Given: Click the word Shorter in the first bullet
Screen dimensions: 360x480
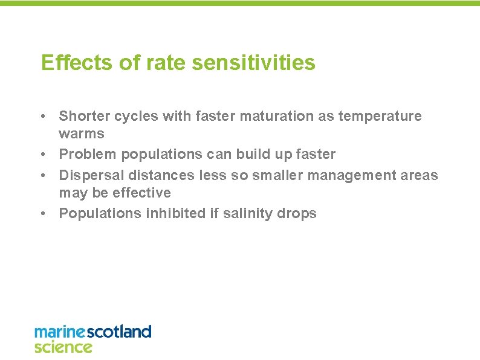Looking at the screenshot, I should click(x=83, y=115).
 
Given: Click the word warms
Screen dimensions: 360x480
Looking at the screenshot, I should click(x=81, y=133).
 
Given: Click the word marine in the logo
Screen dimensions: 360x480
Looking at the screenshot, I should click(x=60, y=332).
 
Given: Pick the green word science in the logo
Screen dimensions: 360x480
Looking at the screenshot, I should click(x=63, y=347).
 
